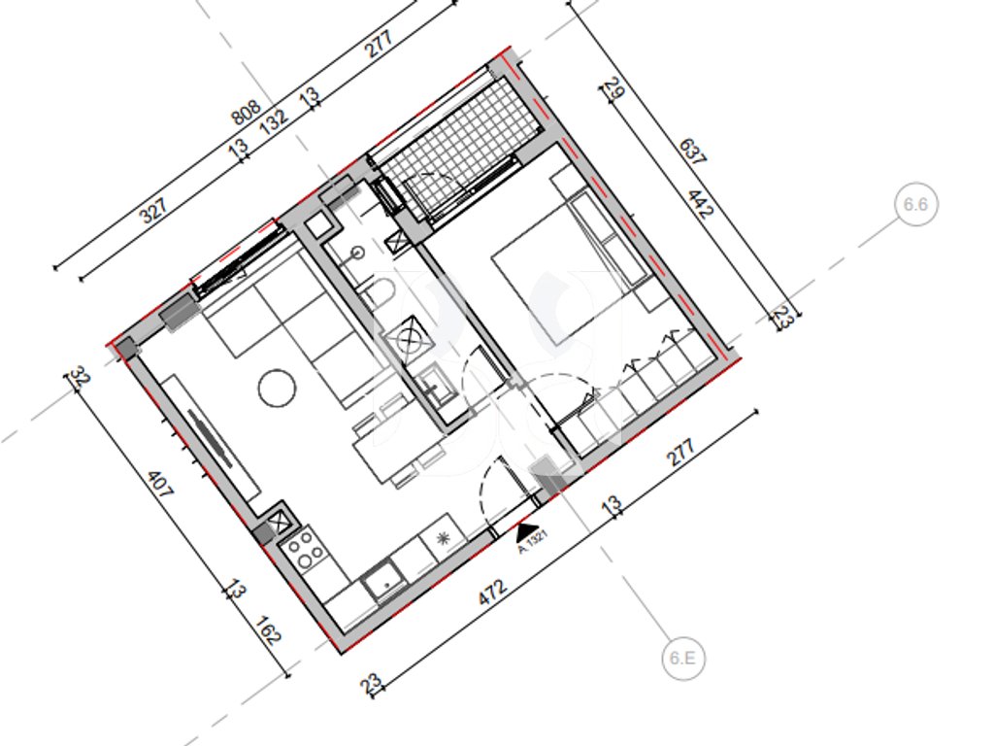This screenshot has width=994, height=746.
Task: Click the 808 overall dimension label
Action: [x=246, y=113]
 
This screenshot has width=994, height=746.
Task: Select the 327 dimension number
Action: [x=154, y=210]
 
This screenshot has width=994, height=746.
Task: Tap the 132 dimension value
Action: [x=274, y=119]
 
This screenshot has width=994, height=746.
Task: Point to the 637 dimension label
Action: [x=692, y=152]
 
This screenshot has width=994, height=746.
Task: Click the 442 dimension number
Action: [x=701, y=203]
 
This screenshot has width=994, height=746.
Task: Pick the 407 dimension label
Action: [x=159, y=484]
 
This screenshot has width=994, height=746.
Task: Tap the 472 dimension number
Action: [x=492, y=592]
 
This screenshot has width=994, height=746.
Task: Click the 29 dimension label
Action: [x=614, y=87]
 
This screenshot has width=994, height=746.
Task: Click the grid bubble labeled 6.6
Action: [x=915, y=204]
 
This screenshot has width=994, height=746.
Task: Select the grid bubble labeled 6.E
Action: [x=682, y=658]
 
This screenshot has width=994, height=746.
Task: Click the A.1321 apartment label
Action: [x=533, y=542]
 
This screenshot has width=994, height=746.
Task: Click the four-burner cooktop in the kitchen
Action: [x=305, y=550]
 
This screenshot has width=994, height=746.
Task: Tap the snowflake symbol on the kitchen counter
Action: [x=442, y=538]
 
